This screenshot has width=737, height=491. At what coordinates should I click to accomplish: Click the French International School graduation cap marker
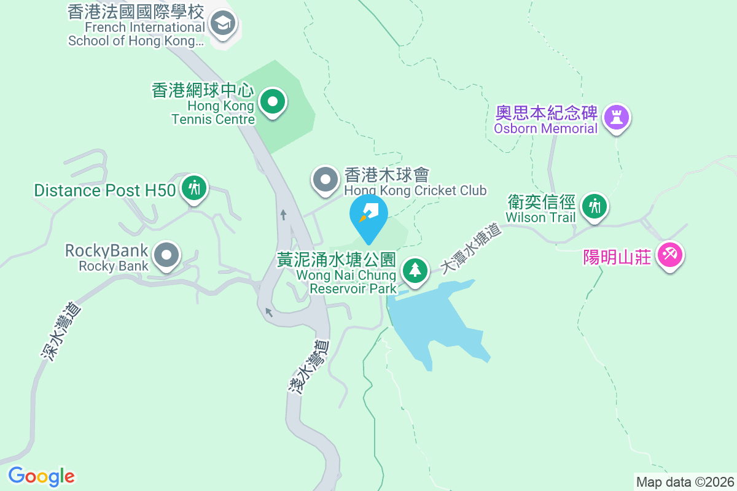[x=222, y=25]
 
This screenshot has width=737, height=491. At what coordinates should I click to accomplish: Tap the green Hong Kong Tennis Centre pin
[x=272, y=101]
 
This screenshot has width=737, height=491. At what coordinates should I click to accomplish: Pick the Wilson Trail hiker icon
[x=594, y=205]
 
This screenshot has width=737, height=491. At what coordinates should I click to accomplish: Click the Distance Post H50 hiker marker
[x=195, y=188]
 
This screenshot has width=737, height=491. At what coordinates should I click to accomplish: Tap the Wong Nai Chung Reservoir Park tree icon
[x=415, y=270]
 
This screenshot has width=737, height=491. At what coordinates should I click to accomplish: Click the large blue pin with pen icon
[x=368, y=214]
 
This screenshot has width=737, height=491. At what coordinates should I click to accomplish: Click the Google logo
[x=42, y=476]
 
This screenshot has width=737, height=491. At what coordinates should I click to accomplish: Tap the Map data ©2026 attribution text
[x=684, y=482]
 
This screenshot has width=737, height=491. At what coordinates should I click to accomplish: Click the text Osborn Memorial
[x=545, y=129]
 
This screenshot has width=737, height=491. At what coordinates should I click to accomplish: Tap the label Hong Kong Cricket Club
[x=415, y=190]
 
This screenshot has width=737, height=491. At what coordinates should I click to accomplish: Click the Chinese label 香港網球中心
[x=203, y=91]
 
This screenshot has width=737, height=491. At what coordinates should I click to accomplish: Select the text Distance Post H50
[x=105, y=190]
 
